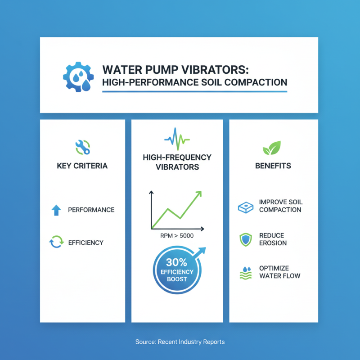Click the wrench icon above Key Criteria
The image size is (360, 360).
click(x=82, y=146)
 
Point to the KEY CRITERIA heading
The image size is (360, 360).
click(x=82, y=166)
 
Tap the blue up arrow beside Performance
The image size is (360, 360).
click(x=57, y=210)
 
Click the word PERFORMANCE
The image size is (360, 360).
click(x=91, y=210)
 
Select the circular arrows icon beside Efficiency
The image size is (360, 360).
click(x=57, y=243)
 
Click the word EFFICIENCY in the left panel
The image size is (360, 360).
click(x=86, y=243)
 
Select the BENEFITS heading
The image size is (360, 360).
click(x=273, y=166)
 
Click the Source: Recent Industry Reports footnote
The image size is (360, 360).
click(x=180, y=342)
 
